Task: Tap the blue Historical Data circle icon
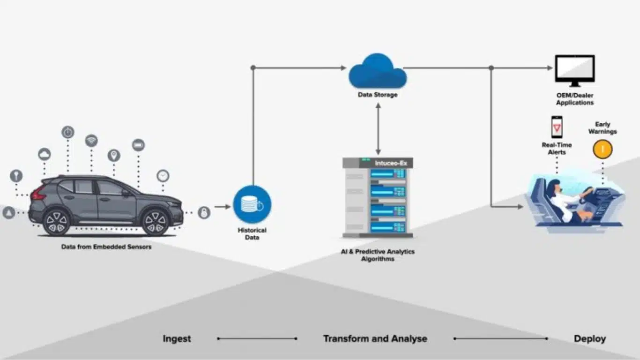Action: coord(252,204)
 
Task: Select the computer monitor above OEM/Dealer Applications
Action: coord(574,69)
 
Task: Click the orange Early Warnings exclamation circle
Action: coord(602,150)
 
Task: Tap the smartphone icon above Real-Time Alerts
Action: coord(557,127)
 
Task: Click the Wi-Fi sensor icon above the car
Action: coord(91,141)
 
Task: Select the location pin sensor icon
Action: coord(114,155)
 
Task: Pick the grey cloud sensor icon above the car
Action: coord(45,154)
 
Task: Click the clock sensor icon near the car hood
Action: coord(163,176)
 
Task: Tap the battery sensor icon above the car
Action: coord(138,145)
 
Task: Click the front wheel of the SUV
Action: coord(155,222)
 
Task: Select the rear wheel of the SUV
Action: coord(57,222)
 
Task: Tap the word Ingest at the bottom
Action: coord(177,338)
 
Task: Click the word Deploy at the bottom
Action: coord(589,338)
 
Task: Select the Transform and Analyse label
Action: coord(375,338)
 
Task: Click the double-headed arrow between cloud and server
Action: coord(378,129)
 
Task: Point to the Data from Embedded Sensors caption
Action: coord(106,247)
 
